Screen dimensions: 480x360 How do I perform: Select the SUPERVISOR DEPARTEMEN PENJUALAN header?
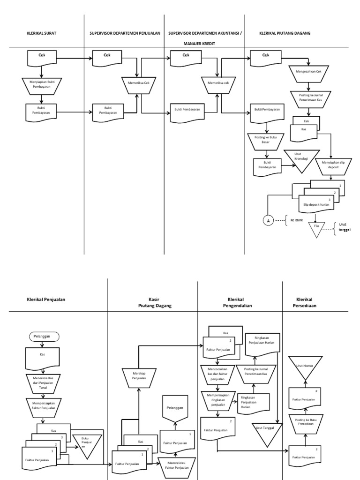pyautogui.click(x=125, y=34)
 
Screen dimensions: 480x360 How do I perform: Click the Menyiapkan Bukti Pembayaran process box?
pyautogui.click(x=42, y=84)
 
